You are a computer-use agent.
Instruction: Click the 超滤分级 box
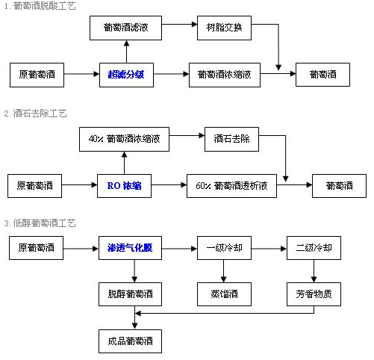point(126,75)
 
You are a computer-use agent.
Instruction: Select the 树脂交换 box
point(224,28)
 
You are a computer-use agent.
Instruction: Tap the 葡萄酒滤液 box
point(125,28)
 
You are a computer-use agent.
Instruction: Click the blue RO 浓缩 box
point(124,186)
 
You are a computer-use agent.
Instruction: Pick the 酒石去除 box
point(231,139)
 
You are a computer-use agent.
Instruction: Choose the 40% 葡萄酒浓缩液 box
point(124,139)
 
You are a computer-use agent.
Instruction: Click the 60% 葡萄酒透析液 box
point(231,186)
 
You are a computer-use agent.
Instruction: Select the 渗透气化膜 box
point(130,248)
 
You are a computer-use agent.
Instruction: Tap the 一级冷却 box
point(224,248)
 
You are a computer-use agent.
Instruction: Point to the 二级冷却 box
point(314,248)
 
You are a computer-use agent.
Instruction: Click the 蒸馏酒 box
point(224,294)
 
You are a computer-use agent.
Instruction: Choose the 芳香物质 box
point(314,294)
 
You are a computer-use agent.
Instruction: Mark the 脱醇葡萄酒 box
point(130,294)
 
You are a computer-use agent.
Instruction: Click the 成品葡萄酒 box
point(130,341)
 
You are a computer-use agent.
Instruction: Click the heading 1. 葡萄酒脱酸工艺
point(40,6)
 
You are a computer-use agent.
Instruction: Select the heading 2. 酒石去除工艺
point(36,114)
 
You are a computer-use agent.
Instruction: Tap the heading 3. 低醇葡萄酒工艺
point(40,223)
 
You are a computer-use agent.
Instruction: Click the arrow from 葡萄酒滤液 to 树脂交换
point(179,24)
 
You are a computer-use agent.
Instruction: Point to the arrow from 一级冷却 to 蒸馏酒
point(223,271)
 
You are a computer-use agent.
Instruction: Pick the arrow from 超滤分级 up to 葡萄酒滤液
point(126,52)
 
